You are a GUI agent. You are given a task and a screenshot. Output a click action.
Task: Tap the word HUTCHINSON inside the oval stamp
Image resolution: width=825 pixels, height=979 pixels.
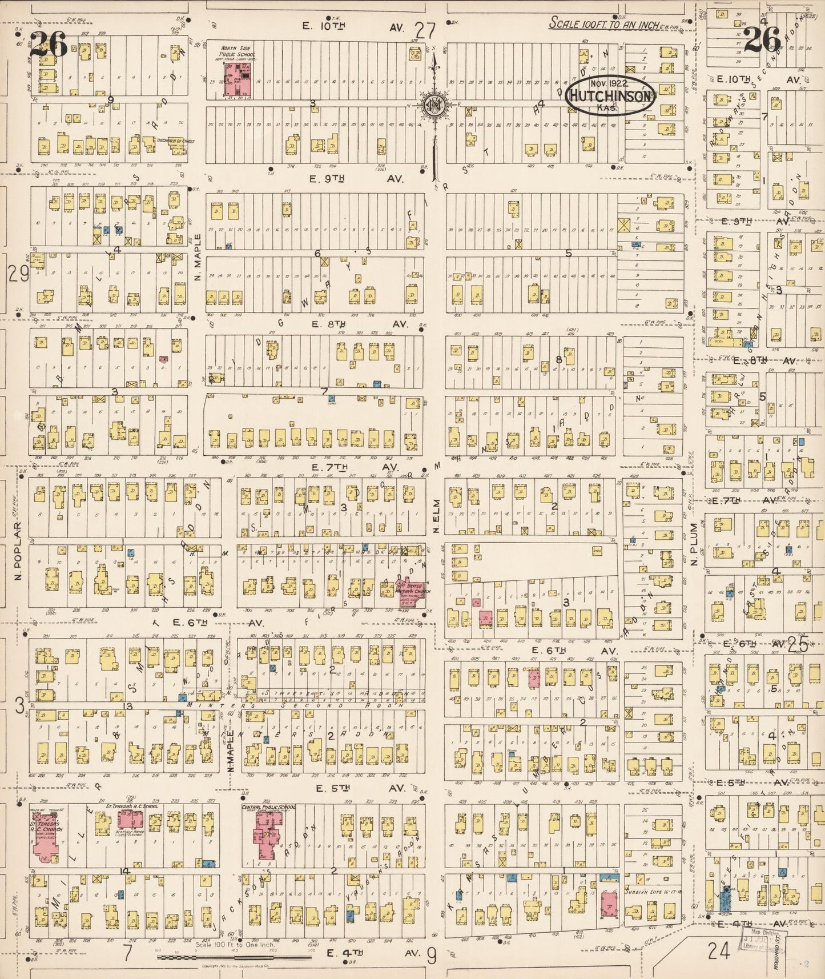pyautogui.click(x=610, y=97)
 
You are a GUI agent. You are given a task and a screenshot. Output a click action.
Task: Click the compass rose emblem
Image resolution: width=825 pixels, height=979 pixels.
pyautogui.click(x=433, y=105)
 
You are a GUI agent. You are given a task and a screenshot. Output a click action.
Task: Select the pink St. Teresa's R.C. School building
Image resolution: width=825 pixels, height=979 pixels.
pyautogui.click(x=131, y=819)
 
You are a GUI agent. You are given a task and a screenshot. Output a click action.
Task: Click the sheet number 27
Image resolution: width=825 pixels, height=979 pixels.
pyautogui.click(x=425, y=29)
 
